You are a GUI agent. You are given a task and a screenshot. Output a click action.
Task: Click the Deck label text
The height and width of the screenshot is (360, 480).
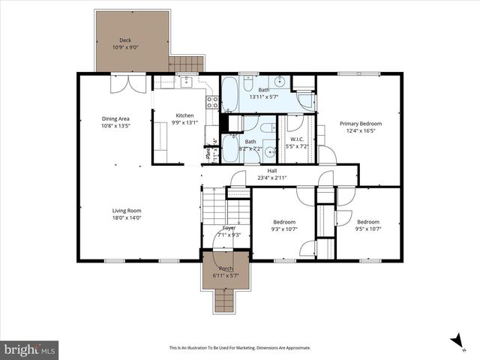124,40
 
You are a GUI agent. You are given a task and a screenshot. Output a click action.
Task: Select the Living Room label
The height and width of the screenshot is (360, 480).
127,211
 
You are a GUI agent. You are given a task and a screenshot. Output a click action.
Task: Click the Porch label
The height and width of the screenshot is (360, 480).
226,268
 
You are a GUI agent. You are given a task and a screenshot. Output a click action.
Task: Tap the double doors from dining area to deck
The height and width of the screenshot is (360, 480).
124,83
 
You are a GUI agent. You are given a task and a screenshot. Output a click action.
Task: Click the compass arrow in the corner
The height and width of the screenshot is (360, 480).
455,342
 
